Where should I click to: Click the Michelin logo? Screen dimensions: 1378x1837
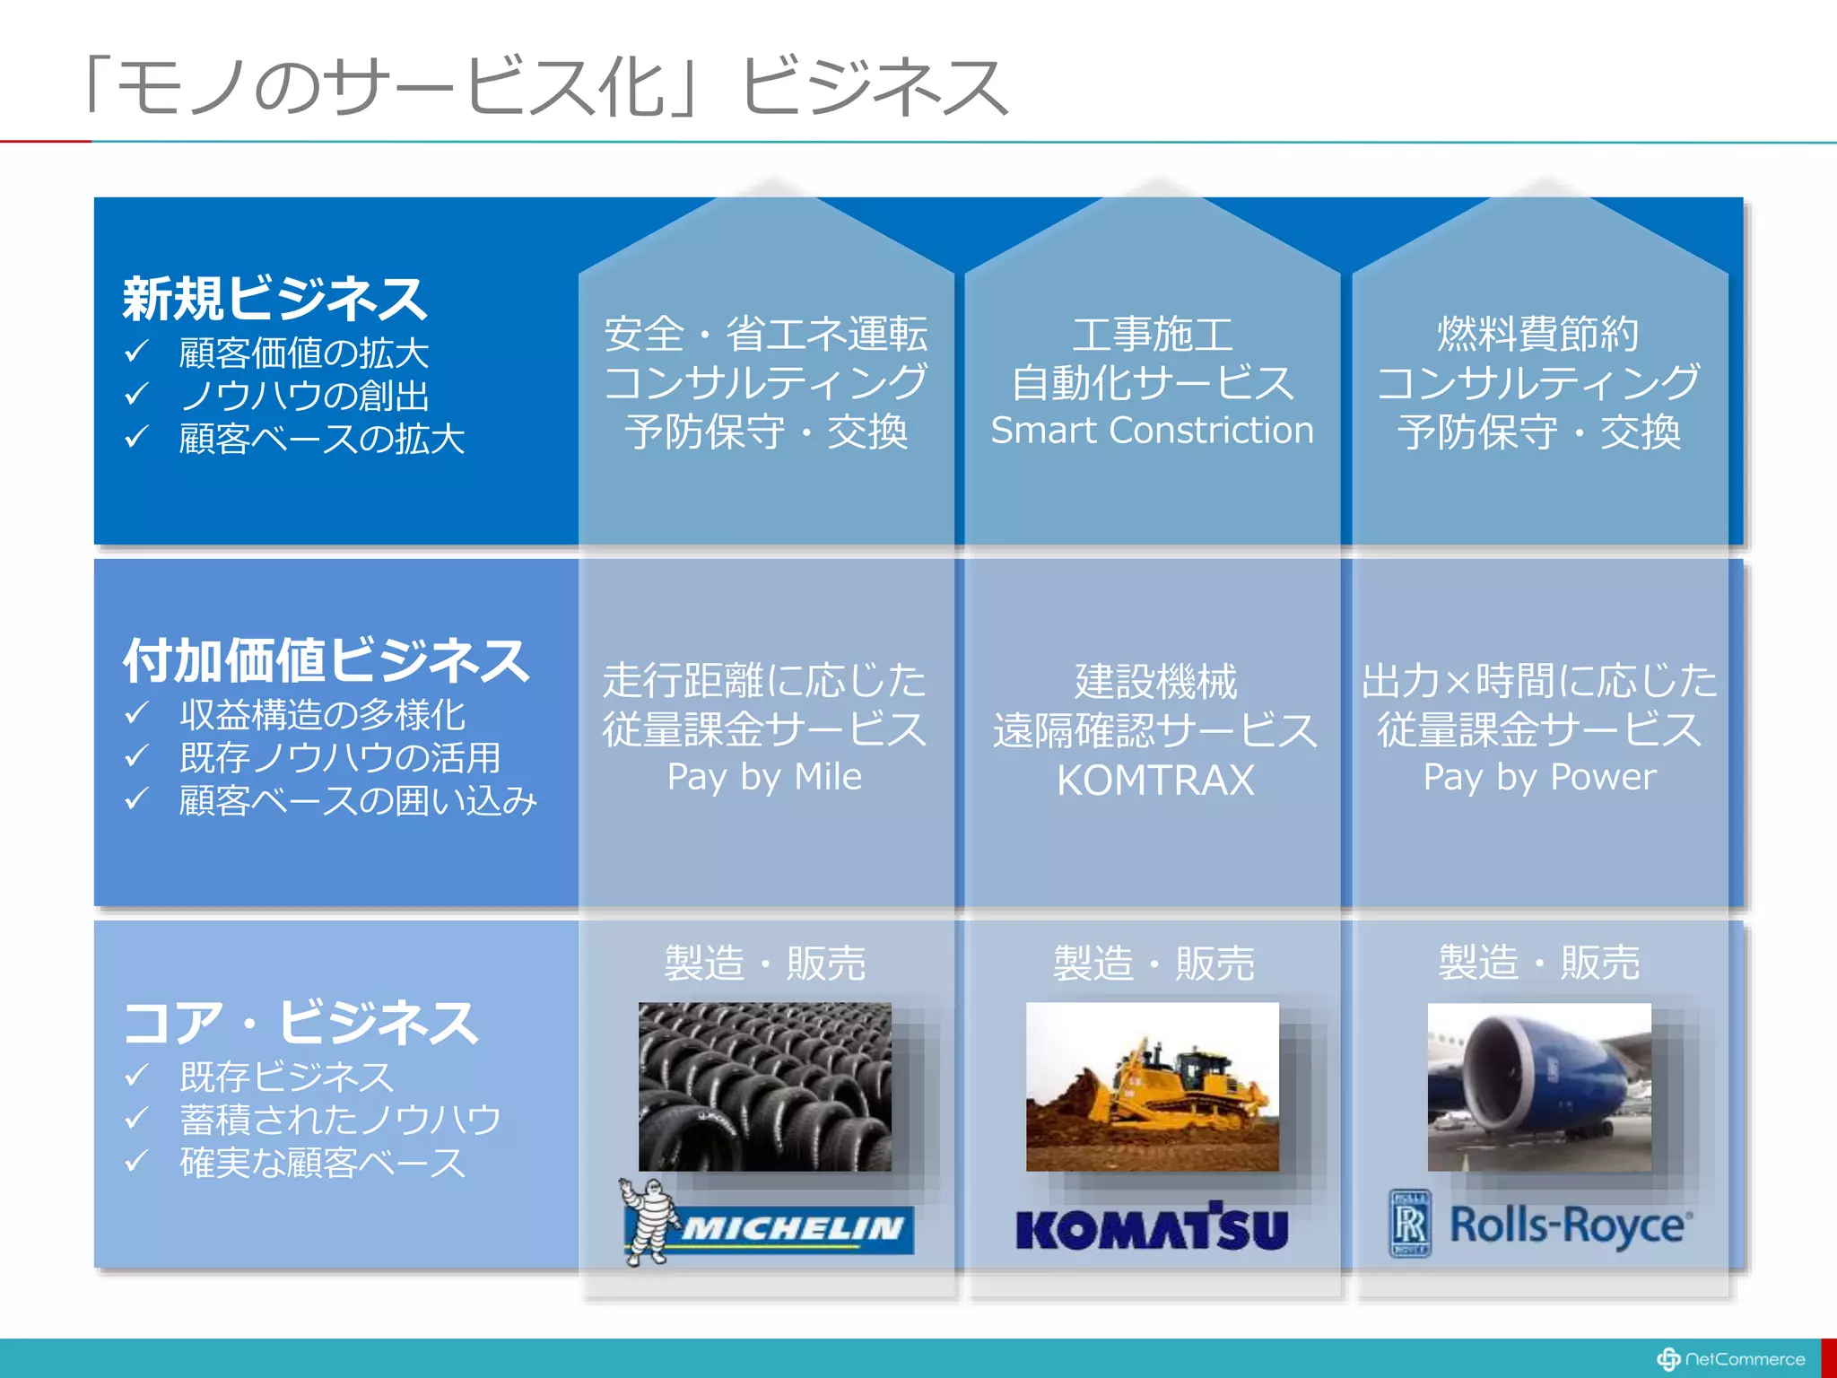coord(769,1225)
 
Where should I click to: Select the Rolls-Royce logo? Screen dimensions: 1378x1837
coord(1540,1225)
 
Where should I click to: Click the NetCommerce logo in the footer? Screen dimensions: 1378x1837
coord(1731,1359)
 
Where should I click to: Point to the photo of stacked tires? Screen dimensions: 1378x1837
coord(765,1086)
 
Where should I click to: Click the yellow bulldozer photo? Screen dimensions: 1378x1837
coord(1153,1086)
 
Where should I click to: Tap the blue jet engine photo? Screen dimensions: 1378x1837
coord(1539,1086)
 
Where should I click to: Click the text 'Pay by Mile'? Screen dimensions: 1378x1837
coord(764,777)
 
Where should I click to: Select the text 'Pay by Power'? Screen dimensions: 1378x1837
coord(1539,777)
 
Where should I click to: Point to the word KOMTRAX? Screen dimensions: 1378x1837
coord(1155,780)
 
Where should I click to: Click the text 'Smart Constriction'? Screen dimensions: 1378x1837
coord(1152,431)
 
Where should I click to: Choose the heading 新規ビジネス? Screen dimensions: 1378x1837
coord(274,298)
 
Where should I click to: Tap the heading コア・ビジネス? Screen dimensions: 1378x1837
coord(300,1022)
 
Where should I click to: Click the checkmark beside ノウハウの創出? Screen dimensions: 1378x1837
coord(136,394)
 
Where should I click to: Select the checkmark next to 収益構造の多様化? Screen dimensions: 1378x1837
coord(136,713)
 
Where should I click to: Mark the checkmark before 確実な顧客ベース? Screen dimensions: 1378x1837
coord(136,1161)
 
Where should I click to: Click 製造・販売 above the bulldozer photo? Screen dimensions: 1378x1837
coord(1154,964)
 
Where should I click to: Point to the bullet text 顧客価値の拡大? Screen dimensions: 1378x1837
coord(304,353)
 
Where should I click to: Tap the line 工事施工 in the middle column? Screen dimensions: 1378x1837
coord(1153,334)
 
